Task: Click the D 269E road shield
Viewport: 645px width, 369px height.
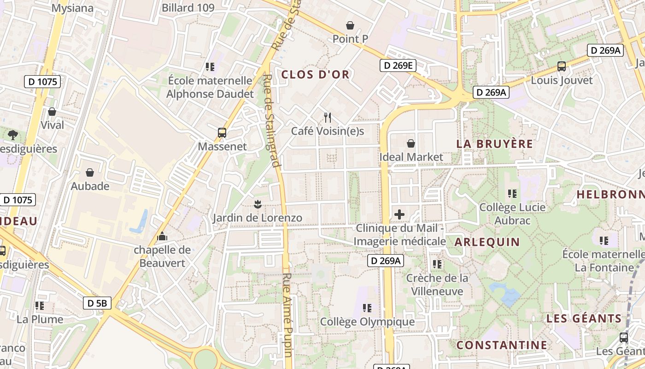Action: click(x=398, y=65)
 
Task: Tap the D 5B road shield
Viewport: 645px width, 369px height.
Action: click(x=97, y=303)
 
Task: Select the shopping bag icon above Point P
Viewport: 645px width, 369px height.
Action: click(x=350, y=25)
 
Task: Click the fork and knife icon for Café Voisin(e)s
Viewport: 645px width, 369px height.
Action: click(x=328, y=118)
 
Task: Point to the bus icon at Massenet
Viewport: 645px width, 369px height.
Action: click(x=222, y=133)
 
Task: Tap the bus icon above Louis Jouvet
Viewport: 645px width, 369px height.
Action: click(x=562, y=66)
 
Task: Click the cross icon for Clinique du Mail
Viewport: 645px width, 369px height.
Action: click(x=399, y=214)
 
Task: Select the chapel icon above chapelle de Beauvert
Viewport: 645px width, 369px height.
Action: click(x=162, y=237)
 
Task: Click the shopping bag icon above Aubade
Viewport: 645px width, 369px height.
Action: click(x=90, y=173)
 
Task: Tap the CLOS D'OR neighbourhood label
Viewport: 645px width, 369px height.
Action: click(x=315, y=75)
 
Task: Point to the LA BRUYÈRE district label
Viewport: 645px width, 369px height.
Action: click(x=494, y=144)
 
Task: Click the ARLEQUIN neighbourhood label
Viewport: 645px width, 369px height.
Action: click(x=487, y=242)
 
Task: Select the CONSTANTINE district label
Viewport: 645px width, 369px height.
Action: click(x=502, y=345)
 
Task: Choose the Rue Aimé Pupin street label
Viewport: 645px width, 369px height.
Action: click(x=288, y=315)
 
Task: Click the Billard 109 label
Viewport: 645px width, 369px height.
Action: click(x=188, y=8)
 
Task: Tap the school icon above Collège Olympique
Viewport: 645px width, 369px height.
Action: click(x=367, y=308)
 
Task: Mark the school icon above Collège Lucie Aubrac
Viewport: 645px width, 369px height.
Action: click(x=512, y=194)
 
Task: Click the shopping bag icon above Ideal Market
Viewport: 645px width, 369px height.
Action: click(x=410, y=144)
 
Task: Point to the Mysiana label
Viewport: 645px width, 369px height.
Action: click(x=72, y=8)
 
